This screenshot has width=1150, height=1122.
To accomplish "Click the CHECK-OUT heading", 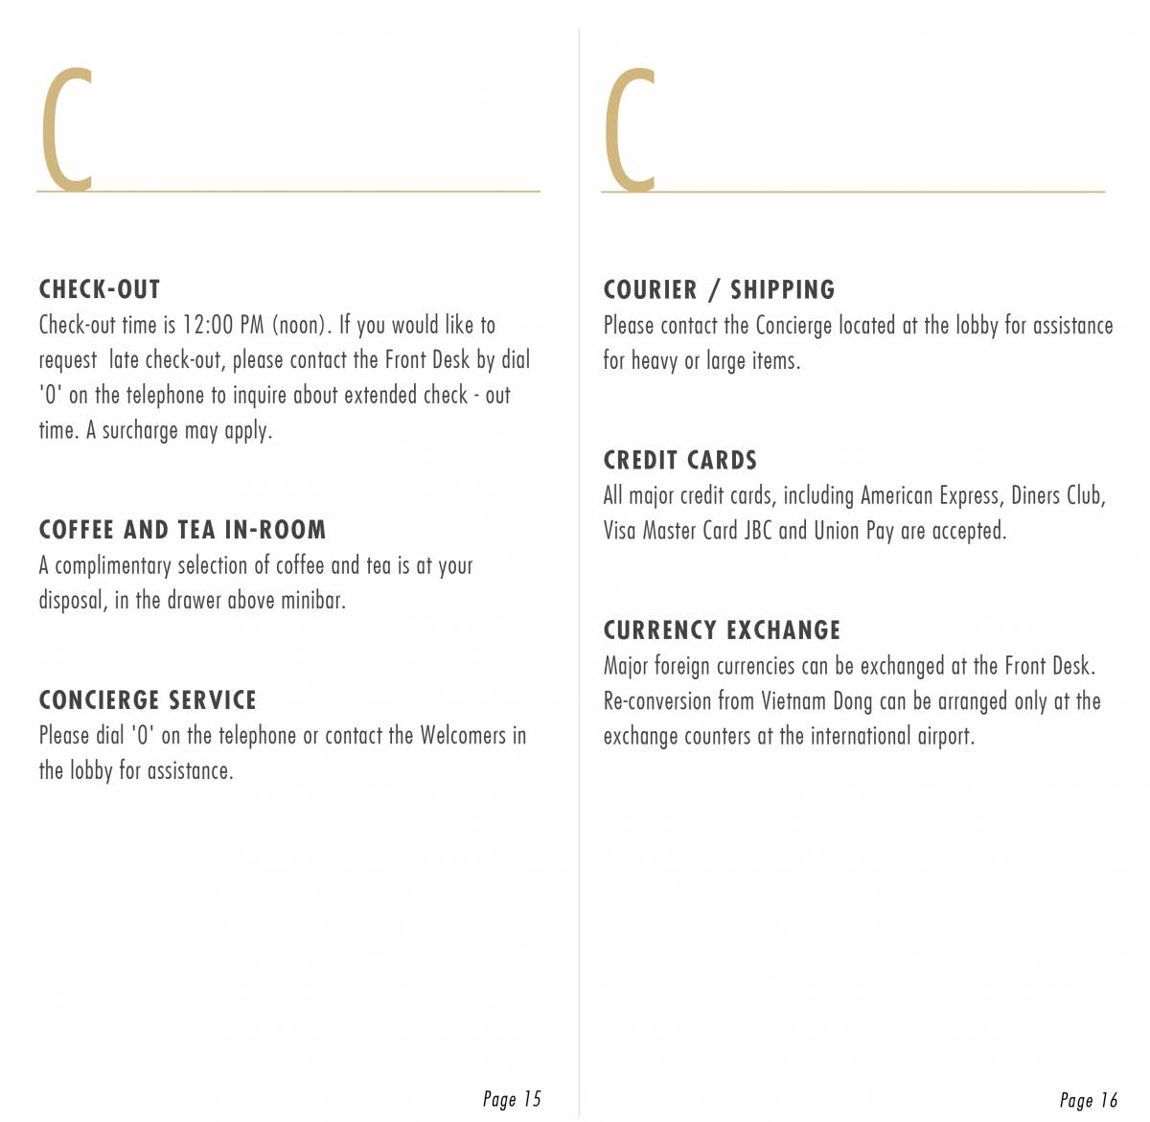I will coord(100,289).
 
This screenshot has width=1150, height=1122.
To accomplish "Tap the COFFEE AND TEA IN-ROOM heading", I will coord(182,530).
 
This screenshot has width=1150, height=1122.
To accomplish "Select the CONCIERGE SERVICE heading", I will coord(148,700).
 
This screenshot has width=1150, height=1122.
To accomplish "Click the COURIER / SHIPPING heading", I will coord(719,289).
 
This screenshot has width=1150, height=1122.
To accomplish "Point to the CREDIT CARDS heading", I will coord(679,461).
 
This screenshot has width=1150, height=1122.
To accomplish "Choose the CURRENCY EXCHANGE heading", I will coord(722,630).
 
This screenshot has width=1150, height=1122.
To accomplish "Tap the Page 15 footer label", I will coord(512,1099).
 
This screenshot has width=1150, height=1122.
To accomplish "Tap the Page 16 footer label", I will coord(1089,1100).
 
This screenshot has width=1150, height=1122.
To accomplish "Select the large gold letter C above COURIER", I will coord(631,129).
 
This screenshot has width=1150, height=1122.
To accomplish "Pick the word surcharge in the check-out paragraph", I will coord(140,431).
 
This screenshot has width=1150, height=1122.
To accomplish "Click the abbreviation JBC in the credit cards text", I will coord(758,531).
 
